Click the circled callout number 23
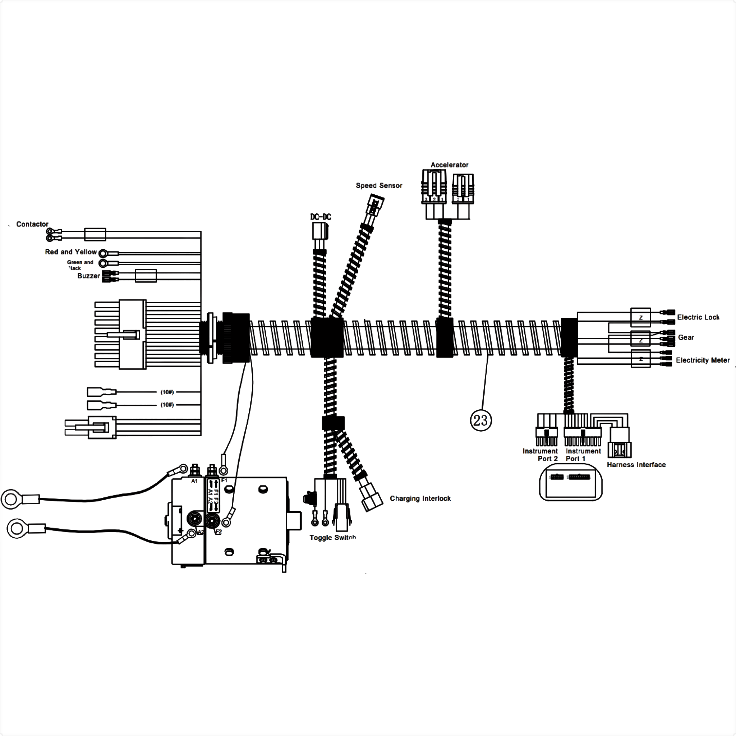481,420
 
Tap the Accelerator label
450,165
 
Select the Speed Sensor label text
379,185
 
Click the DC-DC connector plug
319,231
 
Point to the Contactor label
32,224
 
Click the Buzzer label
88,276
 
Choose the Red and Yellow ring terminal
103,253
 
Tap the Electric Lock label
698,317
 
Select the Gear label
686,337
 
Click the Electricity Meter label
703,360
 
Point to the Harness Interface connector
620,450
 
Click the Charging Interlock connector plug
372,497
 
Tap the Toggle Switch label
332,538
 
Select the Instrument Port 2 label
540,455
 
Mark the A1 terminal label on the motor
194,481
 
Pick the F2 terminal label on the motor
218,532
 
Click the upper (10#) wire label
167,392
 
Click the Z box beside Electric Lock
641,317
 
